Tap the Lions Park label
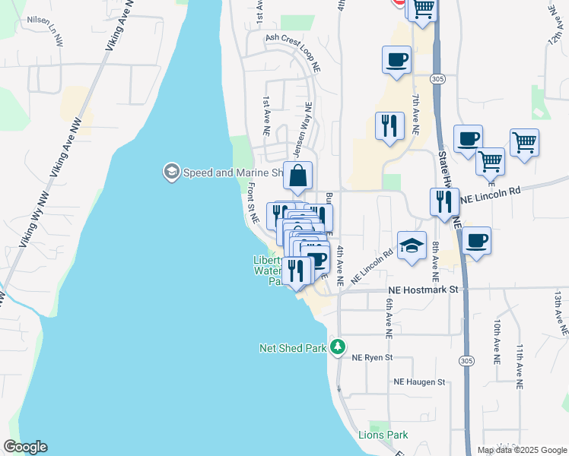[383, 435]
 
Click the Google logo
[25, 447]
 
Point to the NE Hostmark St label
[424, 290]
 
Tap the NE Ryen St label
[371, 357]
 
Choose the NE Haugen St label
[418, 382]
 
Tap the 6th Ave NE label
[388, 318]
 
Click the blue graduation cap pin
[412, 245]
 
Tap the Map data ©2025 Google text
[521, 450]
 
